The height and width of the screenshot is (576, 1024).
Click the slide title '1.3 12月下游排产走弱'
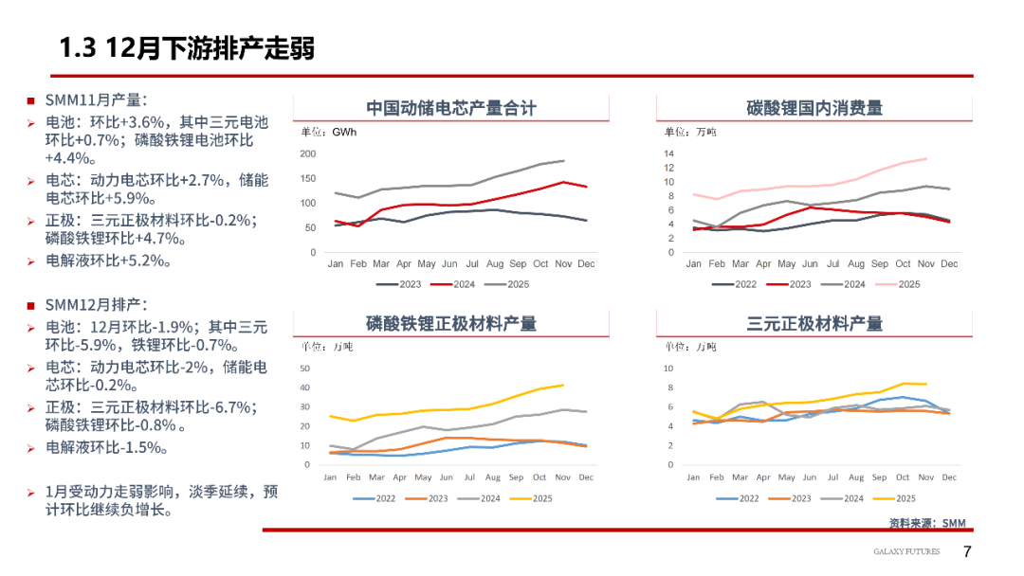pos(186,47)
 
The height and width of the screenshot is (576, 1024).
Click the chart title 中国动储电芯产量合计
pos(450,108)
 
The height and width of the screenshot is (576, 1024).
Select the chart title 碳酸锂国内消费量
pos(814,108)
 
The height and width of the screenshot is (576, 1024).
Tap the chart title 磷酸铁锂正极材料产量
pos(450,324)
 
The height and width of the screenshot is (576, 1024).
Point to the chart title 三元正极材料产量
pos(814,324)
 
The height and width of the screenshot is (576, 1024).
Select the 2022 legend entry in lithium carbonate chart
pos(736,284)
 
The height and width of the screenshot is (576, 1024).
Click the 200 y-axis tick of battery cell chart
pos(307,153)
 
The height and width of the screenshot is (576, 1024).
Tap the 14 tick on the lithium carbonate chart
pos(668,153)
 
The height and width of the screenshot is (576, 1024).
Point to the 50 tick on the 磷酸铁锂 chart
pos(304,368)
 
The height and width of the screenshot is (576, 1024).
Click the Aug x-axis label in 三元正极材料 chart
pos(856,477)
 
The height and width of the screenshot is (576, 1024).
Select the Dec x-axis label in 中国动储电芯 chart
pos(587,263)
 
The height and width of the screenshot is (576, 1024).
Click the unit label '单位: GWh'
pos(329,132)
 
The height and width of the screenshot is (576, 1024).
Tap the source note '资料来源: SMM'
pos(926,523)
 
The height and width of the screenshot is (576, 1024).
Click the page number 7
pos(967,551)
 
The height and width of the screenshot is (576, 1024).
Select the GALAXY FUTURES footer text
pos(906,551)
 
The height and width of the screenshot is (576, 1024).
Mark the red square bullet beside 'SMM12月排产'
pos(30,305)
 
